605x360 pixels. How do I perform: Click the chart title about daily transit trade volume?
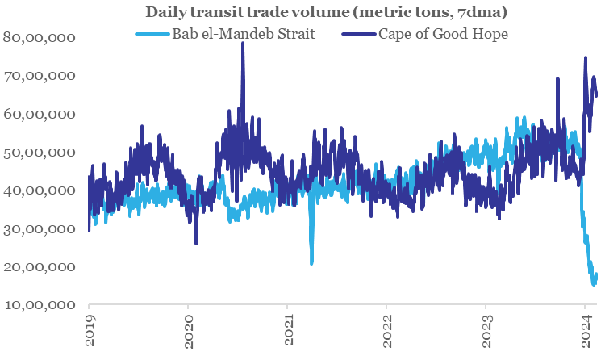pyautogui.click(x=302, y=12)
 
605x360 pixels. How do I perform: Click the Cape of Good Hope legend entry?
pyautogui.click(x=441, y=35)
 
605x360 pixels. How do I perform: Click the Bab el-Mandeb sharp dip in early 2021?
pyautogui.click(x=311, y=262)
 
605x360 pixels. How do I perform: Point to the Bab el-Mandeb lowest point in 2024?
pyautogui.click(x=594, y=283)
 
